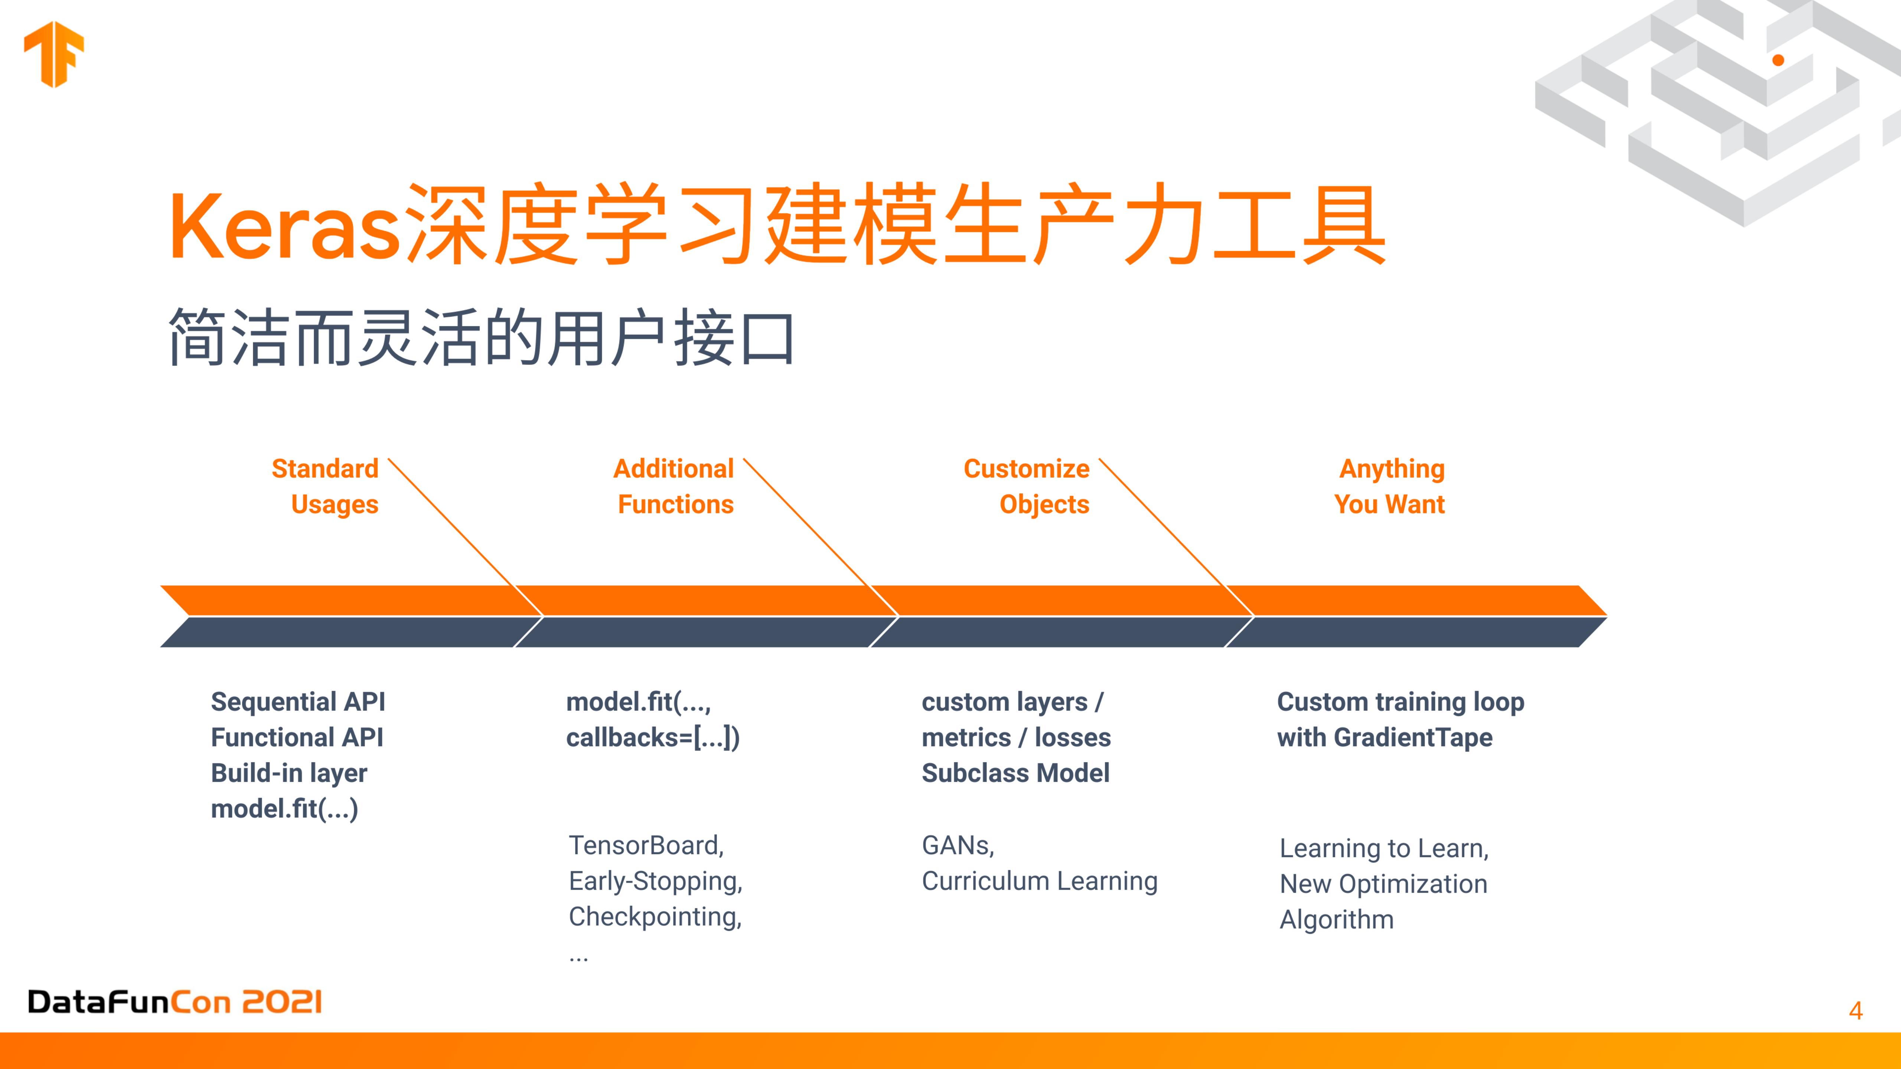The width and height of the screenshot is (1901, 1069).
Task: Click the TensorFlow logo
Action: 54,54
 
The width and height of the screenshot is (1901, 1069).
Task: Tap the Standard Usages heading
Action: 326,486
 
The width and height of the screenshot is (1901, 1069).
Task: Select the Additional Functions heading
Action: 674,486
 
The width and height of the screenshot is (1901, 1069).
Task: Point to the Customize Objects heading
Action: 1027,486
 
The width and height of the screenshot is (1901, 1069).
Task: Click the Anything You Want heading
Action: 1390,486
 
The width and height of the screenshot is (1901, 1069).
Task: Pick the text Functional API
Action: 297,737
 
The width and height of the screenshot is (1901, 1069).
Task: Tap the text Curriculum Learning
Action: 1040,881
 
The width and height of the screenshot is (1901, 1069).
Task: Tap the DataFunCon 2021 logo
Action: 175,1002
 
